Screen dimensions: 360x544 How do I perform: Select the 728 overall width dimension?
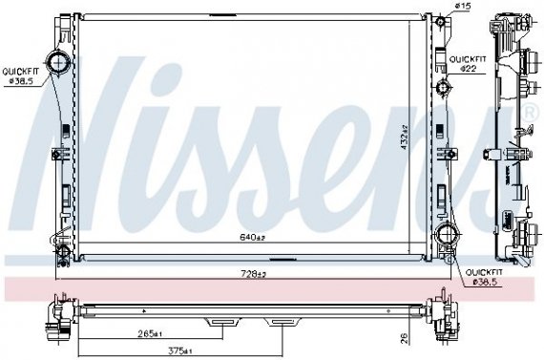252,274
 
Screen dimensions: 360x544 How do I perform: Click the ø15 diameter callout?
462,8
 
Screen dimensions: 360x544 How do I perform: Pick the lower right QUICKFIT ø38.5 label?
481,277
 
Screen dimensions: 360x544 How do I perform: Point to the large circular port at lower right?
445,237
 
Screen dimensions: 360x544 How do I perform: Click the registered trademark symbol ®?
531,115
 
